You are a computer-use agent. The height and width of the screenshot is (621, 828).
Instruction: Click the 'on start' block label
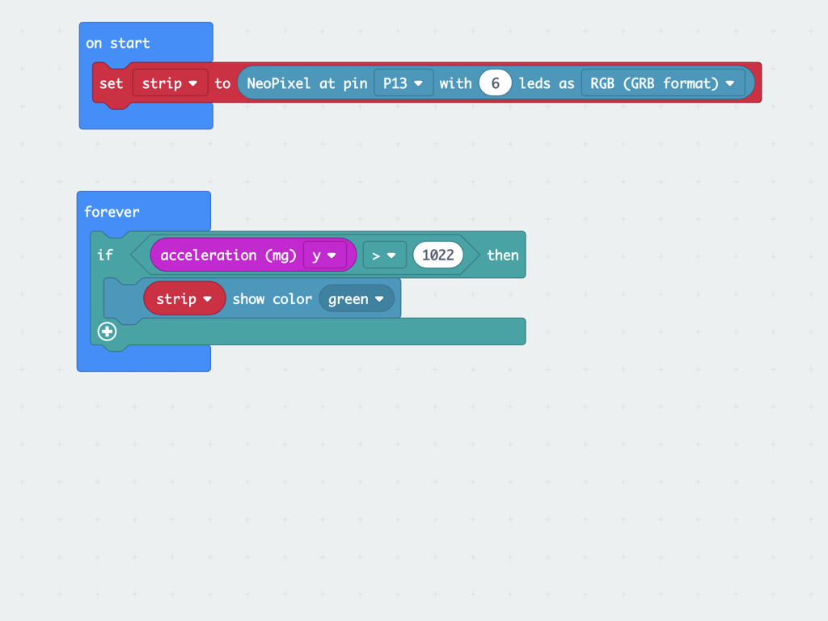coord(118,44)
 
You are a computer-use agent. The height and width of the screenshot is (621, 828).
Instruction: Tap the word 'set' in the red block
coord(111,83)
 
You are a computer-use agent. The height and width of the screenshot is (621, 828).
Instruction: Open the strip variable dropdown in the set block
coord(170,83)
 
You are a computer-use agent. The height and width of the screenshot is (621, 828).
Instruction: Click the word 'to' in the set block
coord(222,83)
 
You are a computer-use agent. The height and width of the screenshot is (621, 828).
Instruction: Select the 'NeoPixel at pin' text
coord(306,83)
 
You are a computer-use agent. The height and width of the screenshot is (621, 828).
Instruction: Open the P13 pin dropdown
coord(403,83)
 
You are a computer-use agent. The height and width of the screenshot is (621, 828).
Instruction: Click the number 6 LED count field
coord(496,83)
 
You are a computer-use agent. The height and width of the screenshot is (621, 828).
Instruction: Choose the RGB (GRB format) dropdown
coord(663,83)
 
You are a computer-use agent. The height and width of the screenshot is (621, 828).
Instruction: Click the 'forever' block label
coord(112,213)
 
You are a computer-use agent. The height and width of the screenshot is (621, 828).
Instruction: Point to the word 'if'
coord(105,255)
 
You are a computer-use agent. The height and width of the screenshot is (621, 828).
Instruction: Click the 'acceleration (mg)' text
coord(228,256)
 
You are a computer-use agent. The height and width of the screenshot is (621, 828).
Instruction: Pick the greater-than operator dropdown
coord(384,255)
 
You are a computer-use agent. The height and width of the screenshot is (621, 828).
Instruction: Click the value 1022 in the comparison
coord(438,255)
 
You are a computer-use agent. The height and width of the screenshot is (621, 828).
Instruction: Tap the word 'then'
coord(503,255)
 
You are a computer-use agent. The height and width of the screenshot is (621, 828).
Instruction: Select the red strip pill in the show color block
coord(184,299)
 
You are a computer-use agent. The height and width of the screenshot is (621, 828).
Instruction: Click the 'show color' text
coord(272,299)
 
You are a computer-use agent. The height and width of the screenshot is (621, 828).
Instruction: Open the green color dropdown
coord(357,299)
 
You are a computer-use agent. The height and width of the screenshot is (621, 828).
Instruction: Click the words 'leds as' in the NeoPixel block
coord(547,83)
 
